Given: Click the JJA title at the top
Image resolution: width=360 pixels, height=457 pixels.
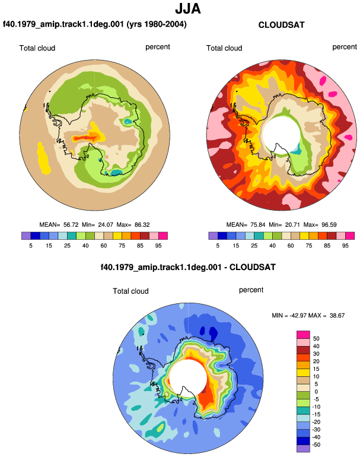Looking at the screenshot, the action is [188, 9].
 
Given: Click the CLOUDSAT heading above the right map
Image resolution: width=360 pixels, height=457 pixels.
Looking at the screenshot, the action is [281, 25].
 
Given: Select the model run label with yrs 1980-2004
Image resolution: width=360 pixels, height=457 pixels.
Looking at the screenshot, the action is [95, 24].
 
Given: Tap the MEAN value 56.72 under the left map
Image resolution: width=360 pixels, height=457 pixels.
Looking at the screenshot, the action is [71, 225].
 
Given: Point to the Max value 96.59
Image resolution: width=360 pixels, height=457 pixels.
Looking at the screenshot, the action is [329, 225].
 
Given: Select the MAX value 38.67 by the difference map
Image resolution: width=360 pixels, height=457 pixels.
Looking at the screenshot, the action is [337, 315].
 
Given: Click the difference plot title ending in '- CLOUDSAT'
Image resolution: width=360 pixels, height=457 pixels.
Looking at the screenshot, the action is [188, 267].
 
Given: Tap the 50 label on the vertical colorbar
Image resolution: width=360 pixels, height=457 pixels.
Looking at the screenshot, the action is [316, 339].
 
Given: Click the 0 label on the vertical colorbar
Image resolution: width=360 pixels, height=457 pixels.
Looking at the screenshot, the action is [316, 392].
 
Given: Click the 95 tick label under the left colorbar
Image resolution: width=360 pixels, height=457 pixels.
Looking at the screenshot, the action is [158, 246].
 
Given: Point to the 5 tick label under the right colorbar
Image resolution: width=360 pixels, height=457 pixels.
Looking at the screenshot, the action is [218, 246].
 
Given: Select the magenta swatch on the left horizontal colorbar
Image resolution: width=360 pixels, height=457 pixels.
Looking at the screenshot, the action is [163, 236].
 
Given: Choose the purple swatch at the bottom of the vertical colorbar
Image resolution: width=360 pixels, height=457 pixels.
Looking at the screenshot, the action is [303, 449].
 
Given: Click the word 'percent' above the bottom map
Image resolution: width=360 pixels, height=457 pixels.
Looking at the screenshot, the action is [251, 290].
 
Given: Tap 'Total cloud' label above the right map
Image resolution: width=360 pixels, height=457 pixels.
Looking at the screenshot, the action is [224, 48].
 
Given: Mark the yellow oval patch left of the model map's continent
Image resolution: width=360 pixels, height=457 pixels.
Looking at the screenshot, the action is [44, 158].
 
